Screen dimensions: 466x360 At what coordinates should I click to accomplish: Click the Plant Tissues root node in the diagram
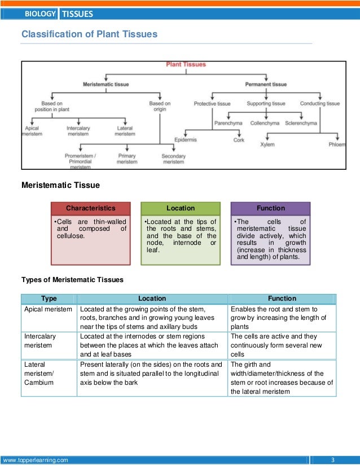tap(186, 65)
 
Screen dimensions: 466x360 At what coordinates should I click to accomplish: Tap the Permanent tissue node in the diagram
tap(266, 84)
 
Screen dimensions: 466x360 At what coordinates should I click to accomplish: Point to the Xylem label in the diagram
tap(267, 144)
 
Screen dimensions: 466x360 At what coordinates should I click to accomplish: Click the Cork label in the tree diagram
tap(239, 139)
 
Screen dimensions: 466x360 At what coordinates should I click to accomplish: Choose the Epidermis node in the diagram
tap(186, 139)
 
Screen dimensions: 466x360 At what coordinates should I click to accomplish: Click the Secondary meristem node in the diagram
tap(173, 159)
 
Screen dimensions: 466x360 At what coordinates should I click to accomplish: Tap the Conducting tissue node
tap(319, 104)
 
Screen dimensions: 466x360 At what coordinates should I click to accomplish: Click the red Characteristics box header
tap(90, 208)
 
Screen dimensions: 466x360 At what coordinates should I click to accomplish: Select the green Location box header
tap(181, 208)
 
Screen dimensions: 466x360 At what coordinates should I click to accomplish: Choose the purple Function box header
tap(270, 208)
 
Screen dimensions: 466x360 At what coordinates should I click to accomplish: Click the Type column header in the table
tap(49, 298)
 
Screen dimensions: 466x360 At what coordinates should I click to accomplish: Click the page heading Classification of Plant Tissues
tap(89, 34)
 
